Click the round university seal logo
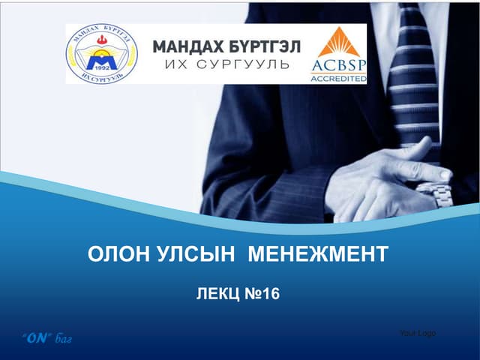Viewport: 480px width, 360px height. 100,53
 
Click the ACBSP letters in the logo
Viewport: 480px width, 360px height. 338,66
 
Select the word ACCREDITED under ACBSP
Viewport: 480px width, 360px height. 338,76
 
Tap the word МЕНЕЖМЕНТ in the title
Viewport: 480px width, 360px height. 318,254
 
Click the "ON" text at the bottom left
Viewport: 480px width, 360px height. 38,338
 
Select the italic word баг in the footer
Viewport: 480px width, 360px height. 64,339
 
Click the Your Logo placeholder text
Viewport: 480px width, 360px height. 418,333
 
